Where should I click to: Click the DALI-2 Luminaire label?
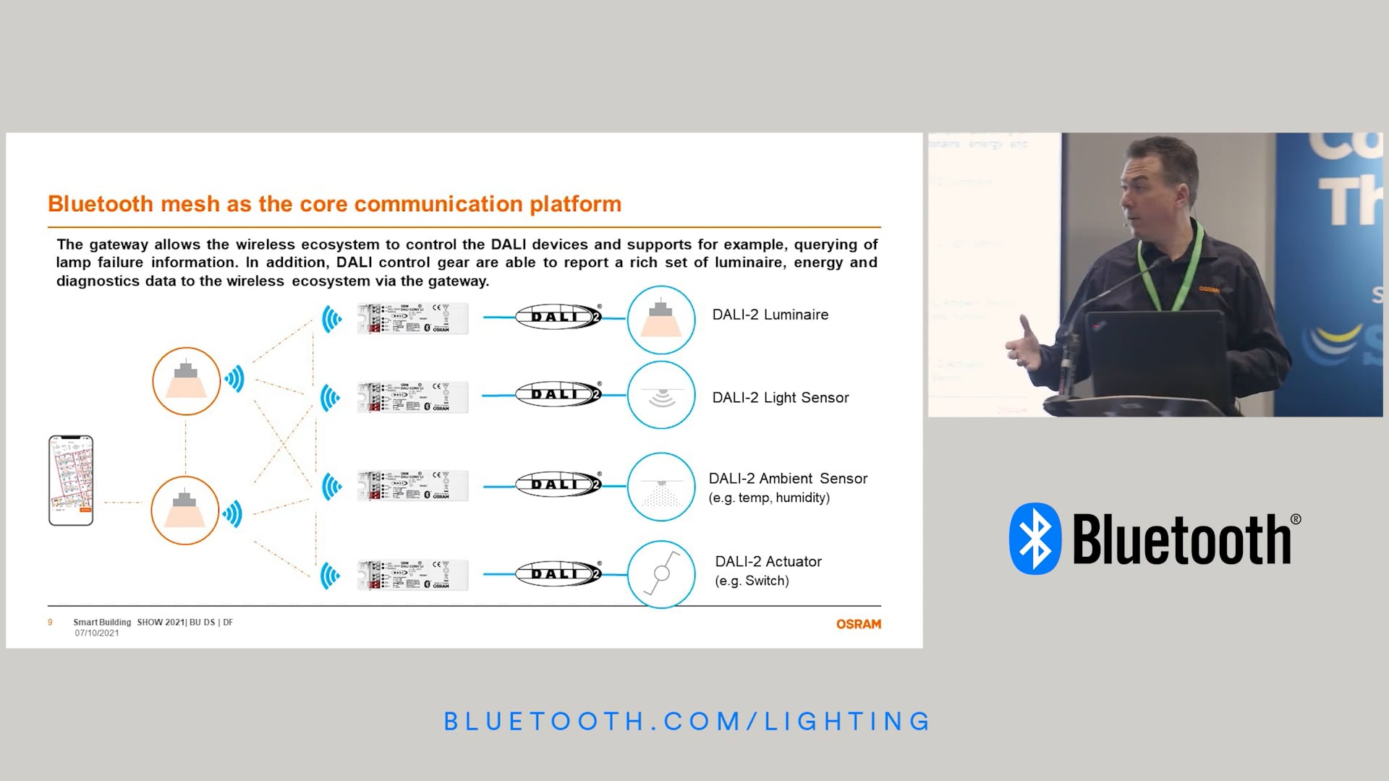770,315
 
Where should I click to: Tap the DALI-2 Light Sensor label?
780,398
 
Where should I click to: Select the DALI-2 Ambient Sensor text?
787,479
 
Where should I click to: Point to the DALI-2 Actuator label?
768,562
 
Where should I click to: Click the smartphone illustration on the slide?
71,480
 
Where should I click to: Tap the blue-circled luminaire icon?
660,320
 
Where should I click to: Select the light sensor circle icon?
660,396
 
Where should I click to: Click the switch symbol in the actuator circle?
660,573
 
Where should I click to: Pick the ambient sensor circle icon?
660,487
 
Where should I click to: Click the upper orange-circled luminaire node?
186,381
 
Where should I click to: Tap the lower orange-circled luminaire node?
185,511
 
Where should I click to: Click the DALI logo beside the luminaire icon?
558,317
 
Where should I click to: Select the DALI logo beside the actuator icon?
558,574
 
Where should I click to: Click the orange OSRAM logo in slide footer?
858,624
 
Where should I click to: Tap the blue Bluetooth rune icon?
1035,539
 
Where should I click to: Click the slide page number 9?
50,623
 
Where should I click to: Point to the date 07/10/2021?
97,633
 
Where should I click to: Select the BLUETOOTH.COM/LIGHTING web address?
687,721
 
